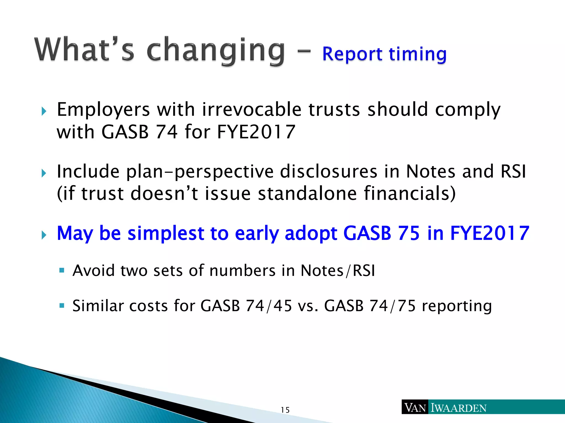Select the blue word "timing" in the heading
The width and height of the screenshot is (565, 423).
coord(418,55)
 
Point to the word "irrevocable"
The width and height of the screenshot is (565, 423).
coord(252,110)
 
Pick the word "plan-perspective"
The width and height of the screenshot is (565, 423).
coord(200,172)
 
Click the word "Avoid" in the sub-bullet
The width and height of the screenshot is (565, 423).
coord(94,270)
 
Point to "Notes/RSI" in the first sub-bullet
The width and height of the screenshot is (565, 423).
coord(338,270)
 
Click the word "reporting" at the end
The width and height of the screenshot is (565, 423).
coord(457,306)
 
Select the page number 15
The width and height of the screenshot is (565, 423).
coord(285,410)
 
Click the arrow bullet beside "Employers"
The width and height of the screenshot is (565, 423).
coord(44,112)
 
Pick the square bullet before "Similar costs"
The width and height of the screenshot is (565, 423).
coord(62,305)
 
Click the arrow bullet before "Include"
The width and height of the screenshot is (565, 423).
coord(44,173)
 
